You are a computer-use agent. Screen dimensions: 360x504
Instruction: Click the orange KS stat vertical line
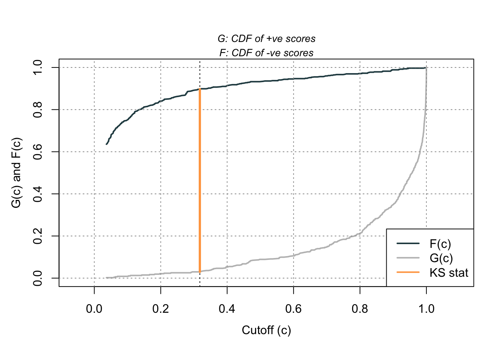pyautogui.click(x=200, y=180)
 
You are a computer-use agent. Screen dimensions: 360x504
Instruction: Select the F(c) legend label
pyautogui.click(x=440, y=244)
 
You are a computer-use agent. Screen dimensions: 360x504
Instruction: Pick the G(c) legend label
pyautogui.click(x=441, y=258)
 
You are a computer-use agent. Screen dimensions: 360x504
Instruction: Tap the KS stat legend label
pyautogui.click(x=449, y=272)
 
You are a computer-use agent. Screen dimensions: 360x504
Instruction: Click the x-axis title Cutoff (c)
pyautogui.click(x=266, y=330)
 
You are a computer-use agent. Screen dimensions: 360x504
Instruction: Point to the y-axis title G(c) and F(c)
pyautogui.click(x=16, y=173)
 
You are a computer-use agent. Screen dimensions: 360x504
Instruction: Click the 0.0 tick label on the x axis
pyautogui.click(x=94, y=309)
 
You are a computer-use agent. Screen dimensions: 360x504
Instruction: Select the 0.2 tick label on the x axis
pyautogui.click(x=160, y=309)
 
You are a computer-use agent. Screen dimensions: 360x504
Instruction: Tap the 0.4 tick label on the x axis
pyautogui.click(x=227, y=309)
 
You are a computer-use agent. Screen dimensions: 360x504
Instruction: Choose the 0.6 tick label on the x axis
pyautogui.click(x=293, y=309)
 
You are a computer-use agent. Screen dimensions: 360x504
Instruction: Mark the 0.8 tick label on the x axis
pyautogui.click(x=360, y=309)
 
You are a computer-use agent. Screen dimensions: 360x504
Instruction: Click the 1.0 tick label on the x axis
pyautogui.click(x=426, y=309)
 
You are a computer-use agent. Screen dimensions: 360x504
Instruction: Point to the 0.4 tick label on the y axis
pyautogui.click(x=37, y=194)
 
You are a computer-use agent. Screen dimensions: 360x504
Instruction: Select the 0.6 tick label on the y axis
pyautogui.click(x=37, y=152)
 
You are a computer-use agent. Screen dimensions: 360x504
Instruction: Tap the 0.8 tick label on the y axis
pyautogui.click(x=37, y=109)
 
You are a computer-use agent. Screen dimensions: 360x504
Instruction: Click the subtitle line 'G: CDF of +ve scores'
pyautogui.click(x=266, y=39)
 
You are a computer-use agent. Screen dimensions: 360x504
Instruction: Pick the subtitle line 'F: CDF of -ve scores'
pyautogui.click(x=266, y=53)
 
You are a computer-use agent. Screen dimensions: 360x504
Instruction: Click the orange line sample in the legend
pyautogui.click(x=408, y=272)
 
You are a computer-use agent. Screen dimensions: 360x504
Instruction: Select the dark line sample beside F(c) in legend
pyautogui.click(x=408, y=244)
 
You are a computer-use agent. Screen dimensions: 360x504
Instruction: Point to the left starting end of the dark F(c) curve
pyautogui.click(x=106, y=144)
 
